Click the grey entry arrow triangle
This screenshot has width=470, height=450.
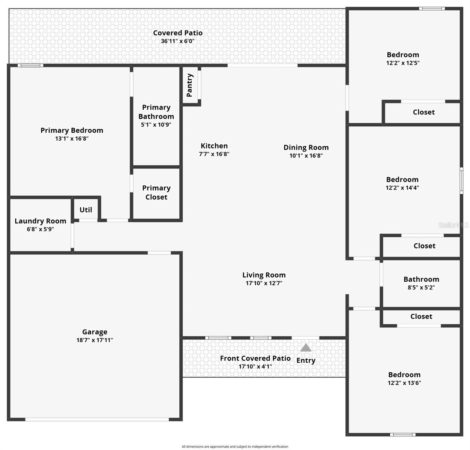click(x=306, y=348)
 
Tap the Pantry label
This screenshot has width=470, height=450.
click(x=189, y=85)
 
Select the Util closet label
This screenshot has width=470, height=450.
click(x=86, y=210)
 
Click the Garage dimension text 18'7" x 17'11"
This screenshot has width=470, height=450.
click(x=95, y=340)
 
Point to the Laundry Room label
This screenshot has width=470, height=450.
click(x=40, y=221)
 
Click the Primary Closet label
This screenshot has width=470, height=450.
click(x=156, y=192)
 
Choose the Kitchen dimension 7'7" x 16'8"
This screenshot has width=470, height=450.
click(x=214, y=154)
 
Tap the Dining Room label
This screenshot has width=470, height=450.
click(x=306, y=147)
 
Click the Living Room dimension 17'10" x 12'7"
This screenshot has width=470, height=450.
click(x=264, y=283)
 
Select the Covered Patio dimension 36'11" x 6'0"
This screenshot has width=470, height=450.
click(x=177, y=41)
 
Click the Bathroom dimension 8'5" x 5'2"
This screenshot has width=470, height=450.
click(x=421, y=288)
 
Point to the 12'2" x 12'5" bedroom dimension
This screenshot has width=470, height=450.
click(x=402, y=63)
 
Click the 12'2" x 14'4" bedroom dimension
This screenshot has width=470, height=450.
click(x=402, y=188)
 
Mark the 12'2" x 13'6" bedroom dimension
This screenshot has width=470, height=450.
click(x=404, y=383)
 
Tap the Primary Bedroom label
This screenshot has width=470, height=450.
click(x=72, y=130)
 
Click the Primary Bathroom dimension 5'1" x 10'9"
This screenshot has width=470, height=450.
click(x=156, y=124)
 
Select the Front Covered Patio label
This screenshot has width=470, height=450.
click(x=255, y=358)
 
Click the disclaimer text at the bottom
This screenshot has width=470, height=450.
click(x=235, y=447)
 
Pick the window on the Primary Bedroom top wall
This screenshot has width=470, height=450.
click(x=30, y=66)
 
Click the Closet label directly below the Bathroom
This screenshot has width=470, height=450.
click(x=421, y=316)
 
